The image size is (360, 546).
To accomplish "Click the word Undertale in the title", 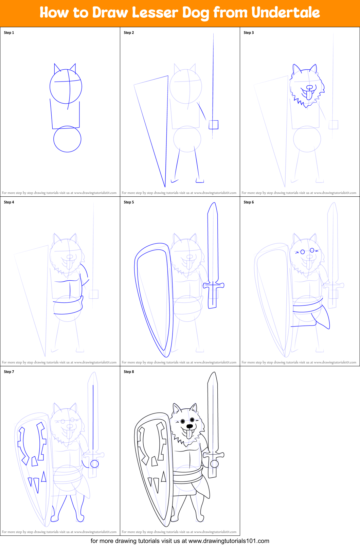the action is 286,12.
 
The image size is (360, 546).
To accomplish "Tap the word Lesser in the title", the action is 155,12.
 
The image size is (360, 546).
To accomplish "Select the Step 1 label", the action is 9,33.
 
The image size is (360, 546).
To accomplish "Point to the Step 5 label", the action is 129,202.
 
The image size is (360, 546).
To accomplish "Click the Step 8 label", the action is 129,372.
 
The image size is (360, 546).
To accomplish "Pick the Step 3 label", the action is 249,33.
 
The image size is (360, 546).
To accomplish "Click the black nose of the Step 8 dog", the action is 190,426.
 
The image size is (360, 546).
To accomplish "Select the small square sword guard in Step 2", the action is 214,125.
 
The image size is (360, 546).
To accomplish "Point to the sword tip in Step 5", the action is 214,202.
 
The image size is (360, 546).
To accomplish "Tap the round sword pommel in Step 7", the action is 94,464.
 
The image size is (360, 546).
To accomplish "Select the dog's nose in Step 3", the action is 310,87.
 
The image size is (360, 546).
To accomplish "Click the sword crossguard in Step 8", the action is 213,455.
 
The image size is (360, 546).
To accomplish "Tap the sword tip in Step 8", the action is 214,372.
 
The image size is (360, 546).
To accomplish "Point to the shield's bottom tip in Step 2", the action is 165,187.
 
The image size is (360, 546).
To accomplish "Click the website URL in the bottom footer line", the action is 229,541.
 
